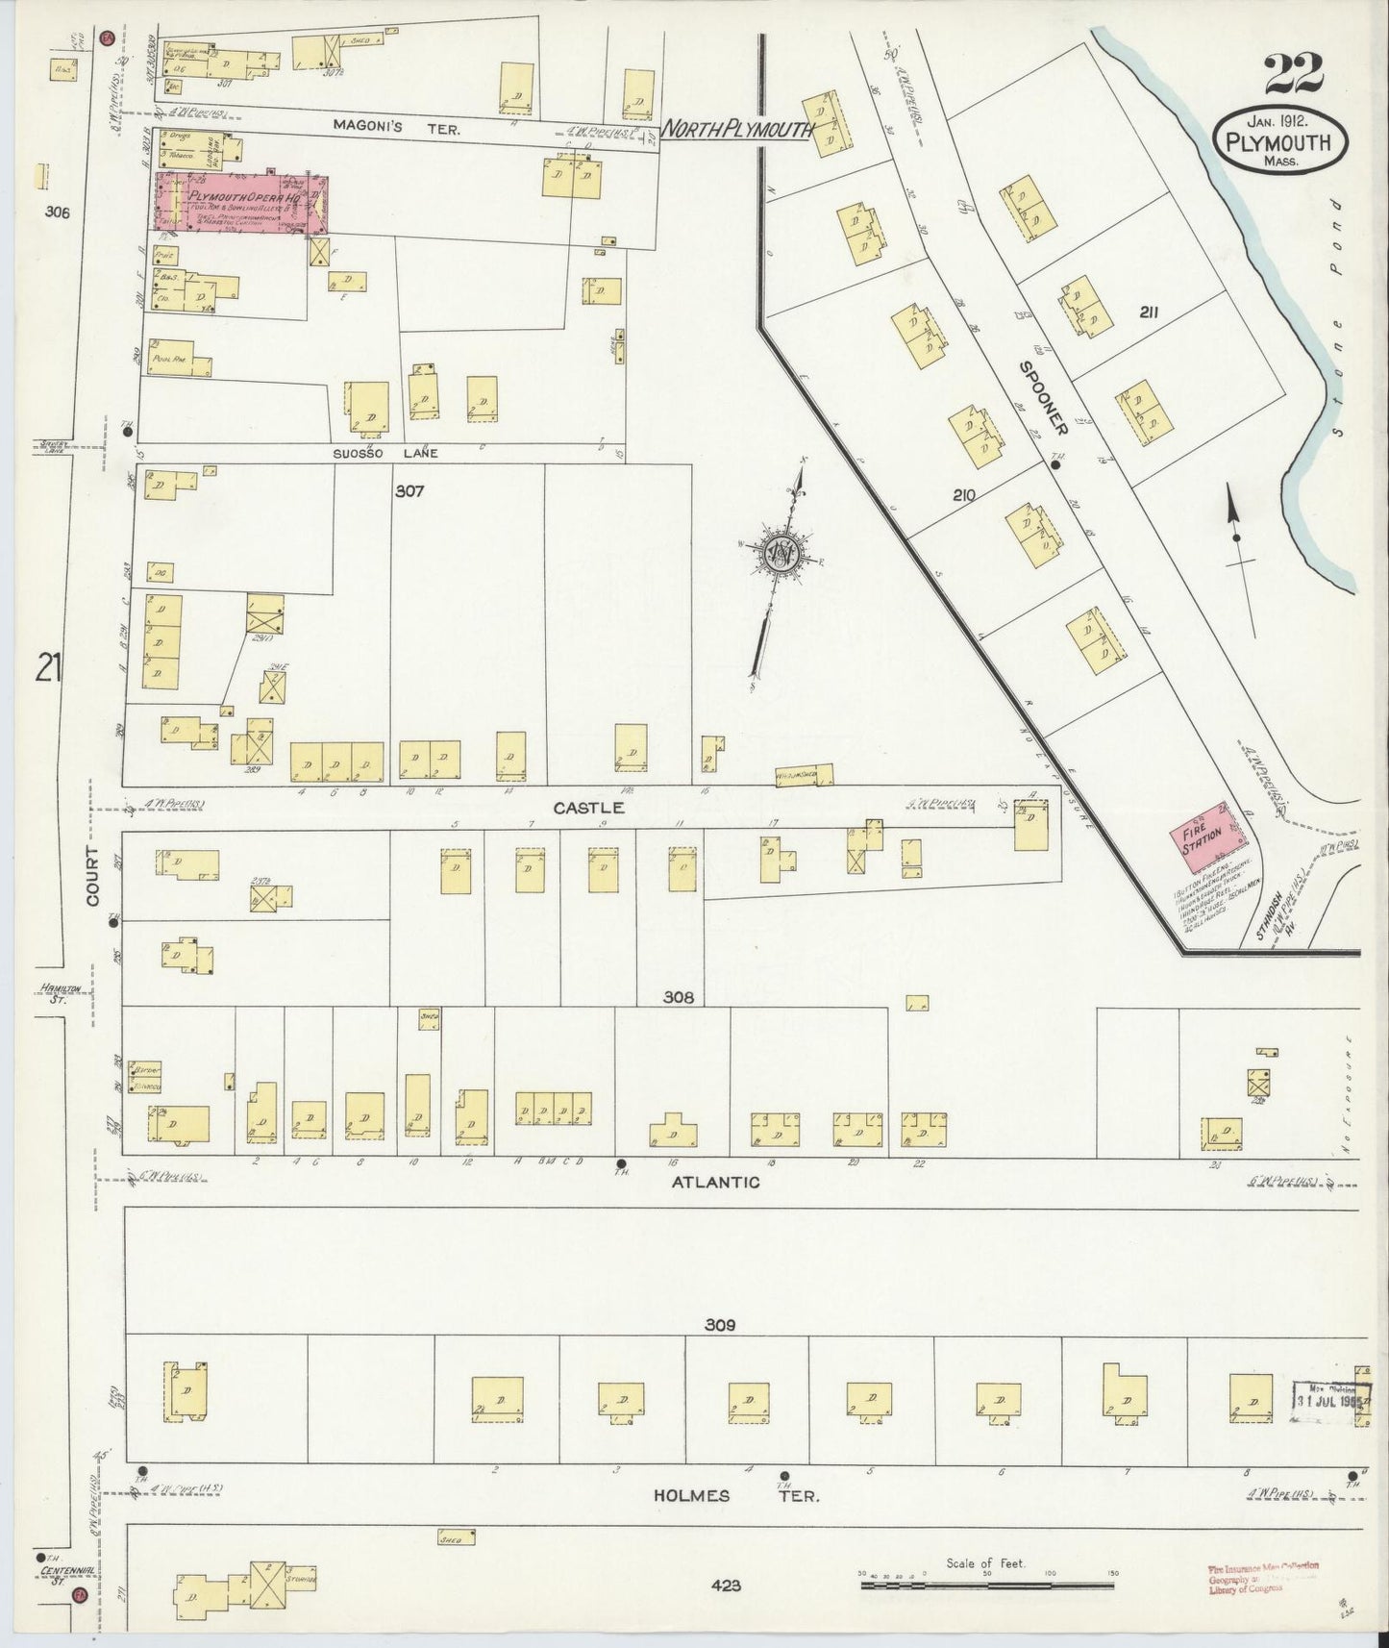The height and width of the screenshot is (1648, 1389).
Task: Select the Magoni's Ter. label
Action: (x=397, y=128)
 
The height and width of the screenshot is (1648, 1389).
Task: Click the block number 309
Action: (x=719, y=1326)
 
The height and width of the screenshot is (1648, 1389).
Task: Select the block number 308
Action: (x=678, y=998)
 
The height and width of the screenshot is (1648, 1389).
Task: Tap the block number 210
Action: (x=964, y=496)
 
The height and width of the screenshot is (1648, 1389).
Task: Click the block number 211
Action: (x=1149, y=312)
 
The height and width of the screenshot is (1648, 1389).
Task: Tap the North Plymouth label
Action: (x=736, y=129)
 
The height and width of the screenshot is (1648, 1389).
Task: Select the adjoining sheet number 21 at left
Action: (x=47, y=667)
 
